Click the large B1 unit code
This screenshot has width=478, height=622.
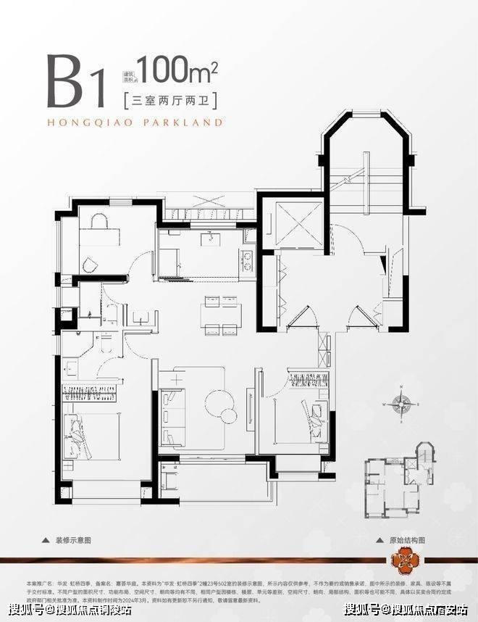[75, 82]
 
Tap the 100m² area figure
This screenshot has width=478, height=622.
[177, 70]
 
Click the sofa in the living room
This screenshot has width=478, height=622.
[172, 410]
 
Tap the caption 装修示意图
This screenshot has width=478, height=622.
[84, 540]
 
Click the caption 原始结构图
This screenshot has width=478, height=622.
[404, 540]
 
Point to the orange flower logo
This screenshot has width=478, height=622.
[403, 561]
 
